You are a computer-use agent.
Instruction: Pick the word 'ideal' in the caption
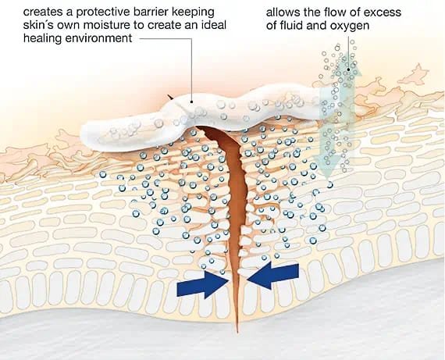[x=213, y=25]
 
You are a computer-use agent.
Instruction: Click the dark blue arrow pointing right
[x=203, y=284]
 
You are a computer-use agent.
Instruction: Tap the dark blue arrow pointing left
[x=272, y=275]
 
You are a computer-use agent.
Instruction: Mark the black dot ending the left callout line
[x=192, y=102]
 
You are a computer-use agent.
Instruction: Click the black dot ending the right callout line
[x=349, y=70]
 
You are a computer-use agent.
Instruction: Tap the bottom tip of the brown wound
[x=237, y=332]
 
